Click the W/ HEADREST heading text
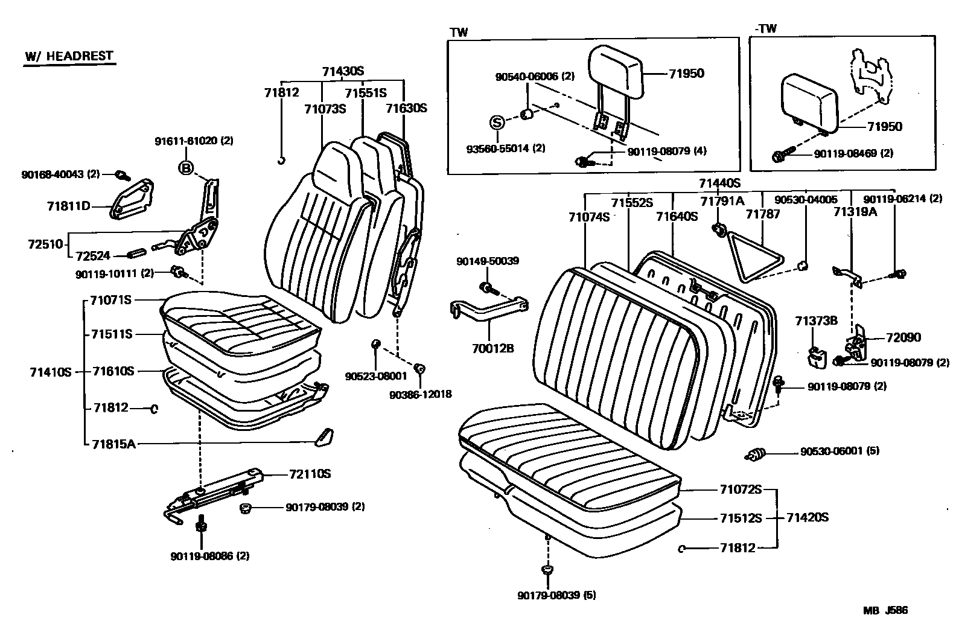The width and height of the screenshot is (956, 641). pyautogui.click(x=69, y=56)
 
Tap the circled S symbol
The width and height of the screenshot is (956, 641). pyautogui.click(x=496, y=123)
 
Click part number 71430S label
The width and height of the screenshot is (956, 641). pyautogui.click(x=343, y=71)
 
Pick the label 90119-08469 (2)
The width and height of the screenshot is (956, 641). pyautogui.click(x=853, y=154)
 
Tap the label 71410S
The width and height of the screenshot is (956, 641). pyautogui.click(x=50, y=372)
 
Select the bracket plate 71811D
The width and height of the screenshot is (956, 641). pyautogui.click(x=131, y=199)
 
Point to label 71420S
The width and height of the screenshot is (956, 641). pyautogui.click(x=807, y=517)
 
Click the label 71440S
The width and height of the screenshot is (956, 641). pyautogui.click(x=719, y=183)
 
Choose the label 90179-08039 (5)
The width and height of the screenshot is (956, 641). pyautogui.click(x=556, y=595)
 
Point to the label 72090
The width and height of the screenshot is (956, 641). pyautogui.click(x=903, y=337)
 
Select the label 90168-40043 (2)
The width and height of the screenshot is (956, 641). pyautogui.click(x=60, y=175)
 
